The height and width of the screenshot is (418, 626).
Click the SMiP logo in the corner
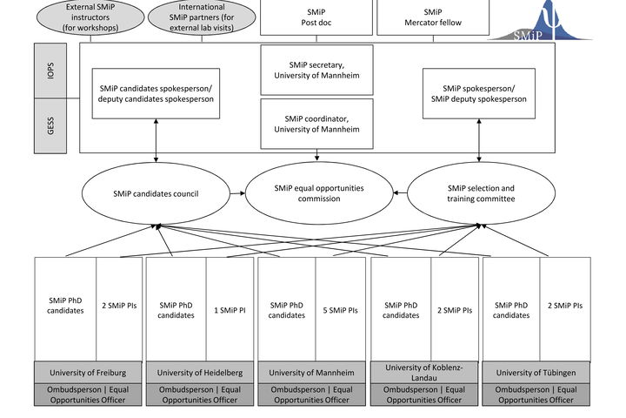541,21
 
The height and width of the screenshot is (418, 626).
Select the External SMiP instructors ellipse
90,17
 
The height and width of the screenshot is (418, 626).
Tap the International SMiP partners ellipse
202,17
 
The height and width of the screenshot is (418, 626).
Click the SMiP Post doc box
316,17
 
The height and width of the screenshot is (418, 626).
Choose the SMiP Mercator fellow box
433,17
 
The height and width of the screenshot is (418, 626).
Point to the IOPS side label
50,71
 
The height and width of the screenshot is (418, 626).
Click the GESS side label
50,125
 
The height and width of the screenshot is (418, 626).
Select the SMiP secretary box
316,70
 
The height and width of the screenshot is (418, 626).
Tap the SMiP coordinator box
316,124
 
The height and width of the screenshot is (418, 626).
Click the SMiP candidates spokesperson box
156,93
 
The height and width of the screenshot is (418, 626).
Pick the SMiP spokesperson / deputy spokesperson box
479,93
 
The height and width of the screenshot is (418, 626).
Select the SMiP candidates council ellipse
156,193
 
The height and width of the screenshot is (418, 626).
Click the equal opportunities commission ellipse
319,193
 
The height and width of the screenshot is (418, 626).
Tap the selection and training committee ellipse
481,193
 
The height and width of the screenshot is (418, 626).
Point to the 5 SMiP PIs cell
341,309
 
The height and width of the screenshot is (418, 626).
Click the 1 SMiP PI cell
230,309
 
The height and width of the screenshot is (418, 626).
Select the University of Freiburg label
88,373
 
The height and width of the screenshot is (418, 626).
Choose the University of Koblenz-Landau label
424,373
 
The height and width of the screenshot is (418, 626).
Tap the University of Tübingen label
536,373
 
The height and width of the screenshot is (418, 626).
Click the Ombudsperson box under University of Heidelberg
200,394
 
